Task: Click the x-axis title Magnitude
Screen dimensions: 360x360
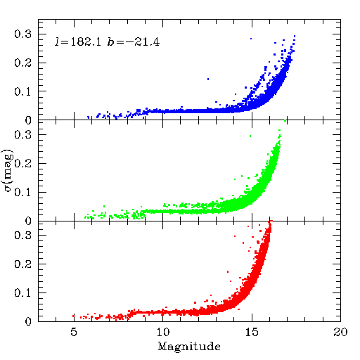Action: coord(189,347)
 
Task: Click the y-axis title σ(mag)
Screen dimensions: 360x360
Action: coord(8,171)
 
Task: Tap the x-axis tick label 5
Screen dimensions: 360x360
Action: coord(74,332)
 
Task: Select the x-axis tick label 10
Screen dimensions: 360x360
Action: coord(163,332)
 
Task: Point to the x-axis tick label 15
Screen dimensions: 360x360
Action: coord(252,332)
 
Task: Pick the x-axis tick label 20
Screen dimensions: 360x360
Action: coord(340,332)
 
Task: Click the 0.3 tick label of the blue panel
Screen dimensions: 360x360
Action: coord(22,34)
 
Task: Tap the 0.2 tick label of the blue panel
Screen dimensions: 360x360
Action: coord(22,63)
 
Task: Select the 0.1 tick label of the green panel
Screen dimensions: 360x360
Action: coord(22,192)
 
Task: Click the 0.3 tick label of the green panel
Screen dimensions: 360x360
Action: coord(22,134)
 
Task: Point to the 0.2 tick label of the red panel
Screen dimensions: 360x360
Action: coord(22,264)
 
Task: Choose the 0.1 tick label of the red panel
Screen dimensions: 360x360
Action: coord(22,292)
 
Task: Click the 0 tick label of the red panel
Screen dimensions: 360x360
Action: coord(28,321)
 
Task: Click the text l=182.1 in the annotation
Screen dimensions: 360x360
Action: coord(78,41)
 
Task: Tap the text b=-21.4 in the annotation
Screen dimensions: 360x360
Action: coord(134,41)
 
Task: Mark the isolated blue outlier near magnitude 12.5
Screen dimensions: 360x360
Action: coord(208,79)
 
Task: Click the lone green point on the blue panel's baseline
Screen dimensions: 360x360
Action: coord(285,120)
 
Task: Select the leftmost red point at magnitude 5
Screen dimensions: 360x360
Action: coord(73,316)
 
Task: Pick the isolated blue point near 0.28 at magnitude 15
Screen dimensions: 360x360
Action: coord(251,39)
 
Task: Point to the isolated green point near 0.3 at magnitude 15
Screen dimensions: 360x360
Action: coord(250,136)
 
